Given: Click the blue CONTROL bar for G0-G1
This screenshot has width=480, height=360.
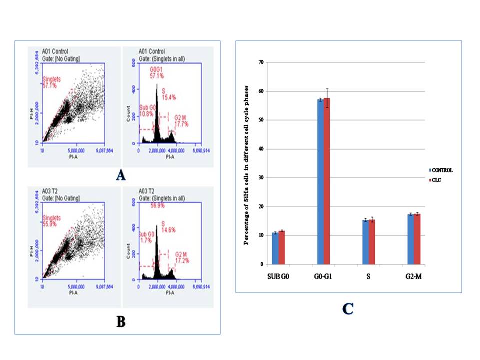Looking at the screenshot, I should [x=320, y=182].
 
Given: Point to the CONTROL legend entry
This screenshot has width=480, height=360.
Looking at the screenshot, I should [x=442, y=170].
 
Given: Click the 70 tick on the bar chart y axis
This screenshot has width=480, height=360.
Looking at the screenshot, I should [x=260, y=62].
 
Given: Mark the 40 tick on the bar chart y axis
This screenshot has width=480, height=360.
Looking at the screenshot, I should [x=260, y=149].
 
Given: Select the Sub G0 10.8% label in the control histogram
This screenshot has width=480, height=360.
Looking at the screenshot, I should [x=146, y=111].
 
